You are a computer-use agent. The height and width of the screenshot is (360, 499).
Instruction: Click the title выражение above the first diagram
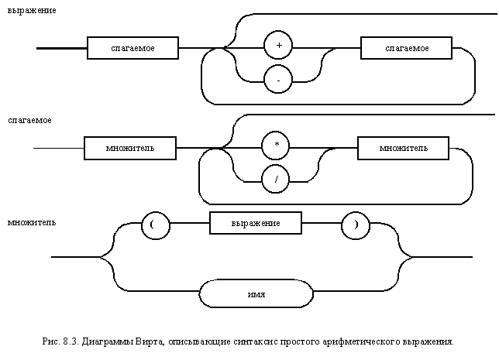32,11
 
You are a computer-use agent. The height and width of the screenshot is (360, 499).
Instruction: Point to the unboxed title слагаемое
29,120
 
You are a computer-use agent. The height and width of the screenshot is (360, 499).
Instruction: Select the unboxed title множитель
32,222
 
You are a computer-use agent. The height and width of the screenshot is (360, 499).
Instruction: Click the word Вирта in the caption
150,342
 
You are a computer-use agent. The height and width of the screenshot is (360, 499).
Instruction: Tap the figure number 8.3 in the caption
71,342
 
